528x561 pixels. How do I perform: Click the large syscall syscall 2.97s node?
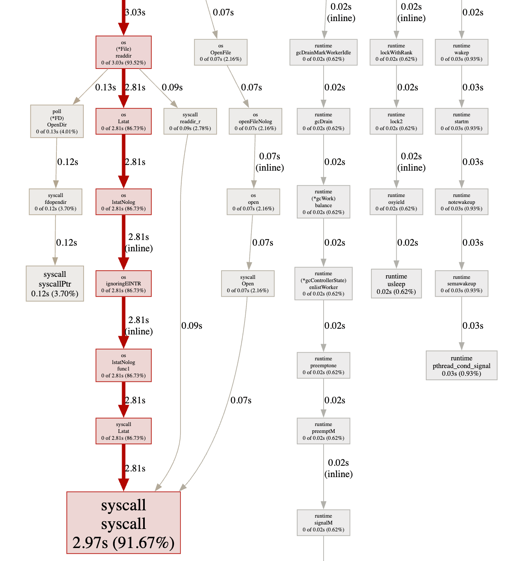coord(123,522)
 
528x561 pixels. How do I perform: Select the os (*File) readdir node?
coord(123,52)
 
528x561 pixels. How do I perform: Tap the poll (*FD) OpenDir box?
coord(57,121)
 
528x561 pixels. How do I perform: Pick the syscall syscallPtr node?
coord(55,284)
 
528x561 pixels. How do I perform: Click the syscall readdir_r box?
coord(190,121)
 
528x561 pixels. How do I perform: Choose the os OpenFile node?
coord(221,52)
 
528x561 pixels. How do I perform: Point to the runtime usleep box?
coord(396,284)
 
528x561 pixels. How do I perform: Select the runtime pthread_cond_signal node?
coord(461,365)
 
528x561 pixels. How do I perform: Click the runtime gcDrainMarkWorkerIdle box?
coord(323,52)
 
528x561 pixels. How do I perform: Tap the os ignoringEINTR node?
coord(123,284)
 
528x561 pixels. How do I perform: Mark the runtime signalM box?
coord(323,522)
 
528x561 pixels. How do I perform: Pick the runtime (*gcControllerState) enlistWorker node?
coord(323,284)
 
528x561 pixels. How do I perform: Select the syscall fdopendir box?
coord(56,202)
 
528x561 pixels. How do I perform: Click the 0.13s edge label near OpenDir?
coord(105,87)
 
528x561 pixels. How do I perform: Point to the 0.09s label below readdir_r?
coord(192,325)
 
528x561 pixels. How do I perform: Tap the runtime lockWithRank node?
coord(396,52)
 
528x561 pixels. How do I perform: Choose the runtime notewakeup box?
coord(461,202)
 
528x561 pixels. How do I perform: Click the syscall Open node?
coord(248,284)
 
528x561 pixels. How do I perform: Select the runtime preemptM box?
coord(323,431)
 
